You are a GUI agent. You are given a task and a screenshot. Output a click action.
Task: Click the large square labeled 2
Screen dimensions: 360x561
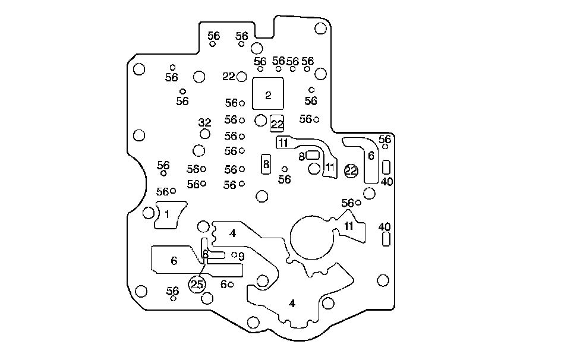tap(268, 94)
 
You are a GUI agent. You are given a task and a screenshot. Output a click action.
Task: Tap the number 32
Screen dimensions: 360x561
tap(204, 123)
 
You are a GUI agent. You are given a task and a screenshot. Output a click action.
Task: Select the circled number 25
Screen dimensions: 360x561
tap(197, 285)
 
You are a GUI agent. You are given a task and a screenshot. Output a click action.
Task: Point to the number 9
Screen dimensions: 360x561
tap(241, 257)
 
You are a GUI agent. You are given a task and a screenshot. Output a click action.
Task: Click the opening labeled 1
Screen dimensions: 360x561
tap(168, 214)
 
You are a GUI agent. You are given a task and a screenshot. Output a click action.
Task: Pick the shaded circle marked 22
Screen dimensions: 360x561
tap(351, 171)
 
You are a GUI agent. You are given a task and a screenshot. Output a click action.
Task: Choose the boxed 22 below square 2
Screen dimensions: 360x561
tap(277, 124)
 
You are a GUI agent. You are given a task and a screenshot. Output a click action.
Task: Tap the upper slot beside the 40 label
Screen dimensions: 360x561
tap(386, 166)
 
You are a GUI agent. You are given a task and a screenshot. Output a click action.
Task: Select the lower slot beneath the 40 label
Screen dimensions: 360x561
tap(386, 239)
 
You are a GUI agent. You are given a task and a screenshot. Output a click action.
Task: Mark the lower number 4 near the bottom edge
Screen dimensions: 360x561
tap(292, 304)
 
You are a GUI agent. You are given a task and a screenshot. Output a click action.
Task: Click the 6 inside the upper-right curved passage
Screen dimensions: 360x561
tap(371, 156)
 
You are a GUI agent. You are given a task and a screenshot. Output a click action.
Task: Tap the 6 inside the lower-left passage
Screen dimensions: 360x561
tap(174, 261)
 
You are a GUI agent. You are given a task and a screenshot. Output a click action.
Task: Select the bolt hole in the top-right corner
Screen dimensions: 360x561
tap(320, 29)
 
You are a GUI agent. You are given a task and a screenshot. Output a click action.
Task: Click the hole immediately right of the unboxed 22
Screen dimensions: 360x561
tap(242, 76)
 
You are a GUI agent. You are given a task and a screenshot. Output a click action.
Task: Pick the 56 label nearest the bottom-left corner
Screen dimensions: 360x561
tap(172, 291)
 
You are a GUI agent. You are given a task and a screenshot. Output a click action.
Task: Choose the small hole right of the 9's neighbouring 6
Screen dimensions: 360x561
tap(231, 285)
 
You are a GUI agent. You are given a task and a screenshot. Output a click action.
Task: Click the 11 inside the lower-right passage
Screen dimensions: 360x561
tap(349, 226)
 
